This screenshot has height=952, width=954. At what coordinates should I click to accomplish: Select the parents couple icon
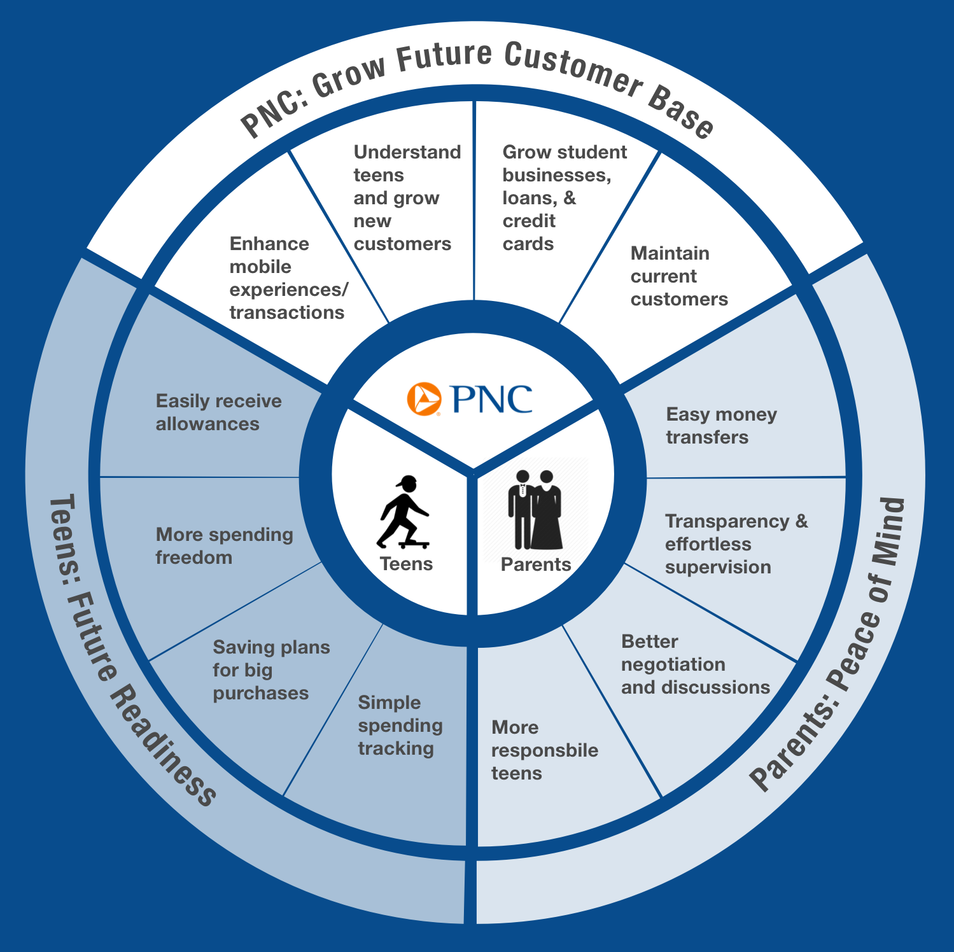(x=535, y=510)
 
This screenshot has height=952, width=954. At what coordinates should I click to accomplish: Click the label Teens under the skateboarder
(x=406, y=564)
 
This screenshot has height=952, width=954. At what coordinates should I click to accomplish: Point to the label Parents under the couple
(x=536, y=564)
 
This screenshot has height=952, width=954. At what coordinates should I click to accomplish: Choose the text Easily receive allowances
(x=218, y=412)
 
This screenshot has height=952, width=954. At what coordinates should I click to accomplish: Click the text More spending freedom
(x=224, y=546)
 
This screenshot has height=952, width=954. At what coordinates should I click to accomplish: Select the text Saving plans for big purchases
(x=271, y=670)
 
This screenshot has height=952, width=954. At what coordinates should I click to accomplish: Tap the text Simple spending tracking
(x=400, y=725)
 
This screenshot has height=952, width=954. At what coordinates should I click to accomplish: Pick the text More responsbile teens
(x=544, y=750)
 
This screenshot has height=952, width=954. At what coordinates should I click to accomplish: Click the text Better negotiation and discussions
(x=695, y=664)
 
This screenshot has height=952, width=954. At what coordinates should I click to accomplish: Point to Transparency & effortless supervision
(x=736, y=544)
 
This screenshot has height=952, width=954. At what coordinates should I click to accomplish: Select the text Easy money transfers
(x=721, y=426)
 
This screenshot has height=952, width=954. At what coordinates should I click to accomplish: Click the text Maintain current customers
(x=679, y=276)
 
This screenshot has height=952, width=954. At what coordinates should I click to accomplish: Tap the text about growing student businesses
(x=565, y=198)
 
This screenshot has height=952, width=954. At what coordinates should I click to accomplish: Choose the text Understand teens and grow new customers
(x=407, y=198)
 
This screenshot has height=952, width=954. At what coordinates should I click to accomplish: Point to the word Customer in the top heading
(x=573, y=70)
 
